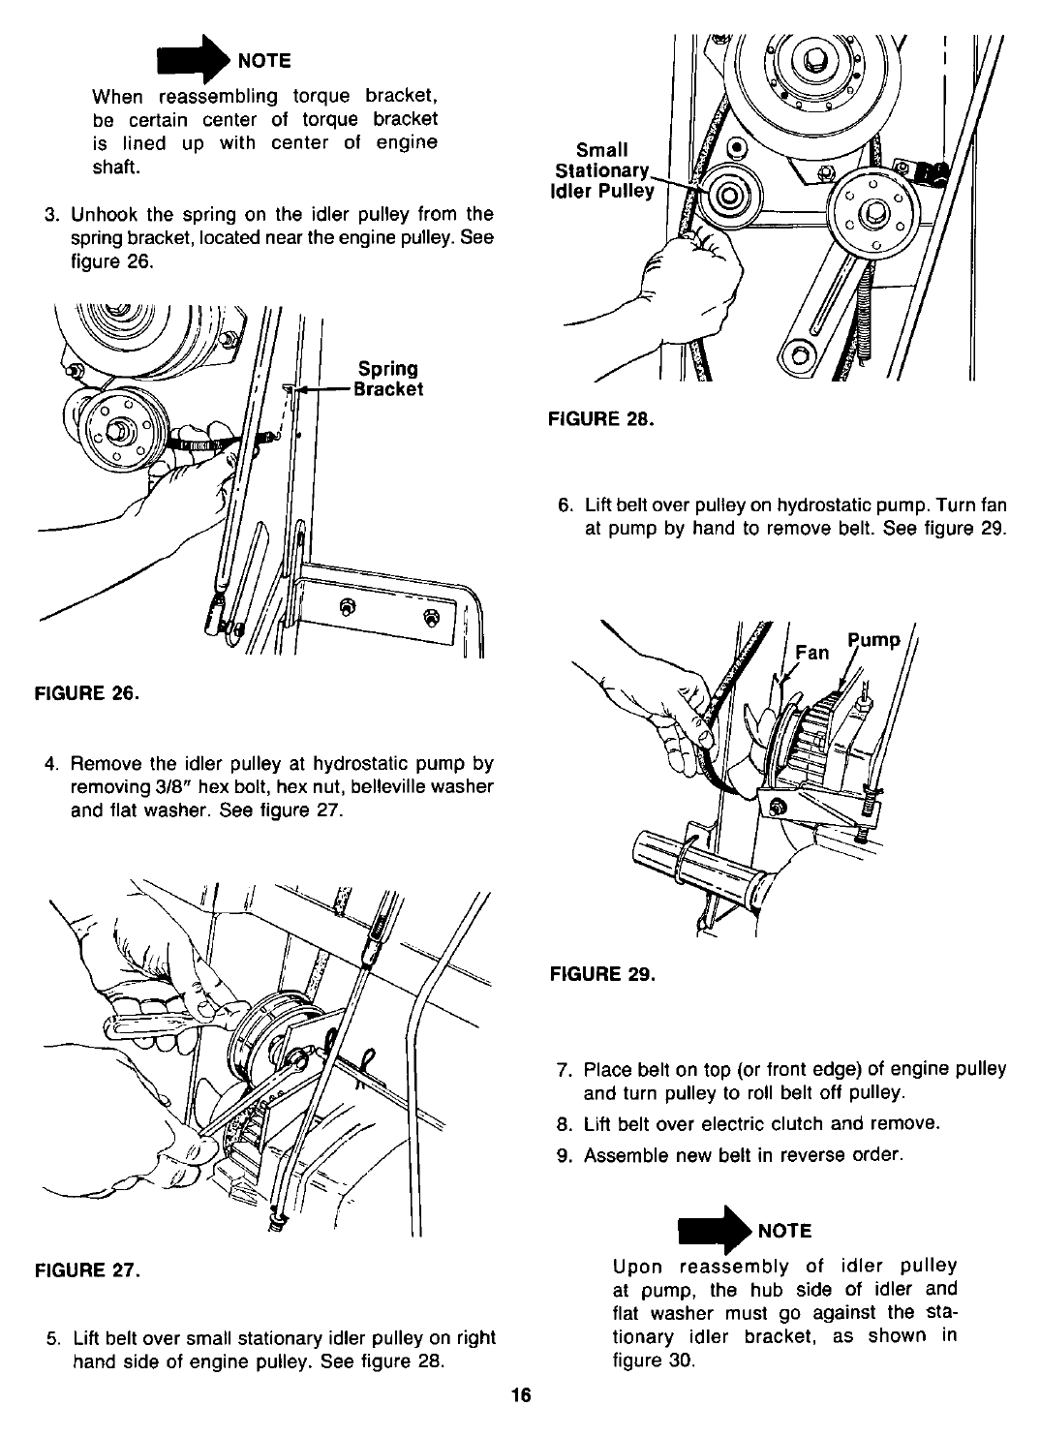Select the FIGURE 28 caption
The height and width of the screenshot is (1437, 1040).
click(x=601, y=420)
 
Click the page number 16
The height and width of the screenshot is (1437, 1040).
click(x=521, y=1395)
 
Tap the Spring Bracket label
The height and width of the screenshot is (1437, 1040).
click(x=388, y=379)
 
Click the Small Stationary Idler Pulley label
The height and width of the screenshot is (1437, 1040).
click(x=601, y=169)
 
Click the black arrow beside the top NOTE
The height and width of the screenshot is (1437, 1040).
click(x=201, y=60)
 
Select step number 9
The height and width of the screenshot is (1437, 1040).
click(x=566, y=1155)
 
